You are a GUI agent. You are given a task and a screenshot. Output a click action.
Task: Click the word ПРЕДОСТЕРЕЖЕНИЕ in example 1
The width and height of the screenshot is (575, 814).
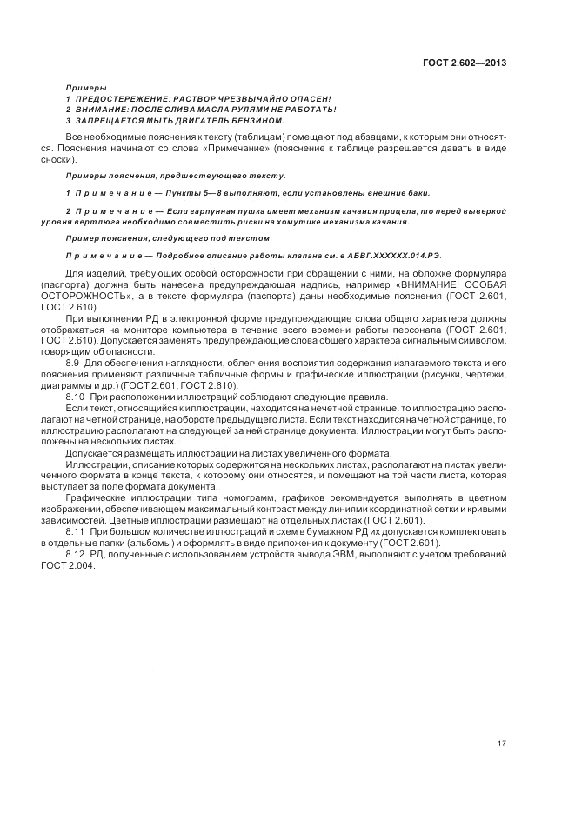118,98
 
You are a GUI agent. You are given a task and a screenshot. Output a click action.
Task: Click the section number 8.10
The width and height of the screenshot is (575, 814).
76,397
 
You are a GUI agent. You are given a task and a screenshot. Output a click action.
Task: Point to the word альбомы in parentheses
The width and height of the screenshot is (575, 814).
155,542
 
